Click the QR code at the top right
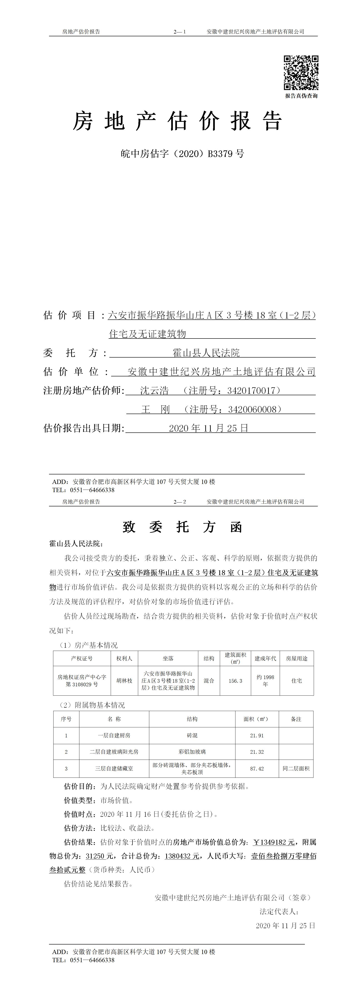coord(301,73)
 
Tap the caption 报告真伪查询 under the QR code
coord(301,96)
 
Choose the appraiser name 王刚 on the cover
coord(155,409)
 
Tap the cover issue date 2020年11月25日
coord(209,428)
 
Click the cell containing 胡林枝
coord(124,681)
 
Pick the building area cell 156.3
coord(235,681)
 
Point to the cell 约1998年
coord(265,681)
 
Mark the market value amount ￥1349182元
coord(274,842)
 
